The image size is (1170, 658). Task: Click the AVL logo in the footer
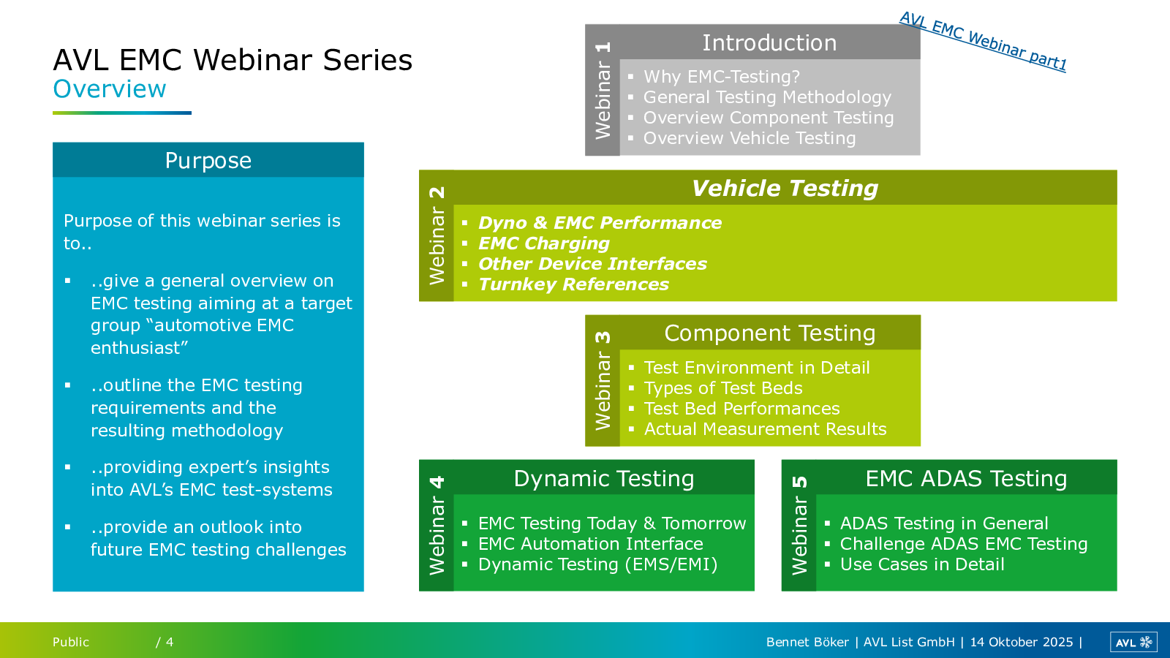(1133, 642)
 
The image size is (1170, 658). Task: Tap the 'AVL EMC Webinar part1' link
(983, 42)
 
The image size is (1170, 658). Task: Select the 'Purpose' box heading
(208, 160)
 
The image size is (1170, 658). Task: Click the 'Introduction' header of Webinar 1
(769, 43)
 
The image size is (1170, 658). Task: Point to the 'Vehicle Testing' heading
(785, 188)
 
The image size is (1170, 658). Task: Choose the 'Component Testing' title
(769, 333)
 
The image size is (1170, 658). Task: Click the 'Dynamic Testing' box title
(604, 478)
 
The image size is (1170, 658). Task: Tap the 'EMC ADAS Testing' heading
(966, 478)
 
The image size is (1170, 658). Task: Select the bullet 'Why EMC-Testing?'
(721, 77)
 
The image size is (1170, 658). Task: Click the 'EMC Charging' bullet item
(544, 243)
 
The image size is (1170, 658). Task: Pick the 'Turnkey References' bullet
(573, 284)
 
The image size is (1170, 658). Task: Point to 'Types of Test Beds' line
(723, 388)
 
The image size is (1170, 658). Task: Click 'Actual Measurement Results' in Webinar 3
(765, 428)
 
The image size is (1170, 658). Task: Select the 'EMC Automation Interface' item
(590, 544)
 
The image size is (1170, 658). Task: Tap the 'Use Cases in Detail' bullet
(922, 564)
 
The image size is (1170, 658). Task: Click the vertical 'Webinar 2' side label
(437, 235)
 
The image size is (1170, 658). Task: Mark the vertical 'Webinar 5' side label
(799, 526)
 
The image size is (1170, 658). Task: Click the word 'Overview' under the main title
(110, 88)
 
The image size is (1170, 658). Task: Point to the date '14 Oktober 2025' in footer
(1021, 642)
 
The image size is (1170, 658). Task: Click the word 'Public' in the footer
(71, 642)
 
